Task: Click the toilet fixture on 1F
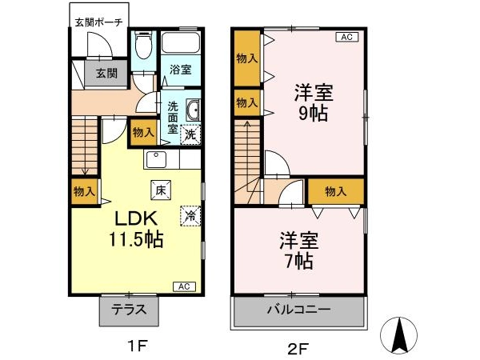pos(143,45)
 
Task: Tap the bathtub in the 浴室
pos(180,42)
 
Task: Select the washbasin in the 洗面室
pos(193,110)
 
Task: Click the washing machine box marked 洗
pos(190,134)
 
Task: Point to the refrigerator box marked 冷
pos(190,216)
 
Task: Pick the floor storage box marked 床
pos(161,190)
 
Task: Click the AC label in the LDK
pos(184,287)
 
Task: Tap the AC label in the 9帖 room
pos(347,37)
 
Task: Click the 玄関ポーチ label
pos(99,22)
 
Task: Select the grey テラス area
pos(129,310)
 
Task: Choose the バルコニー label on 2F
pos(299,309)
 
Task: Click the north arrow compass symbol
pos(398,335)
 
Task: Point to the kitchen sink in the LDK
pos(156,159)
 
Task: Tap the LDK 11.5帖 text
pos(136,229)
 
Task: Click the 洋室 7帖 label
pos(299,251)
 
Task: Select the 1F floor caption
pos(138,346)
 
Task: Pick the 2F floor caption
pos(298,348)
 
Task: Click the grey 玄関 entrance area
pos(106,73)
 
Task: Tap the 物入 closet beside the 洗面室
pos(143,133)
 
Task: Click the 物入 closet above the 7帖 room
pos(336,192)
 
